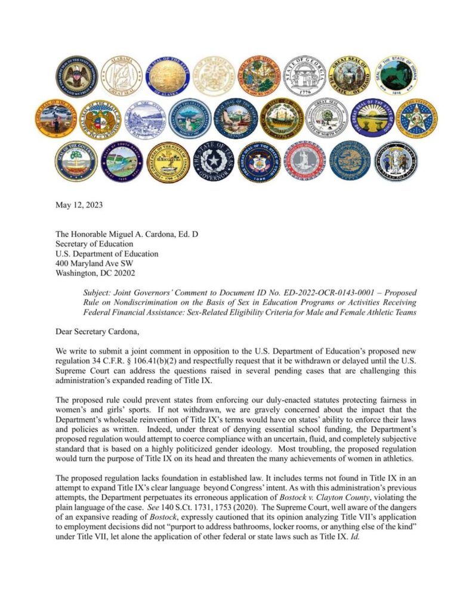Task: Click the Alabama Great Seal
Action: [121, 76]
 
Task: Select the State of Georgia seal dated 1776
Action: [304, 77]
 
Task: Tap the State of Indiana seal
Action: [396, 76]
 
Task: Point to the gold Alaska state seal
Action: [167, 76]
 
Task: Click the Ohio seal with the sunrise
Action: [372, 118]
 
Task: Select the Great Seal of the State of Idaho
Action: [350, 77]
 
